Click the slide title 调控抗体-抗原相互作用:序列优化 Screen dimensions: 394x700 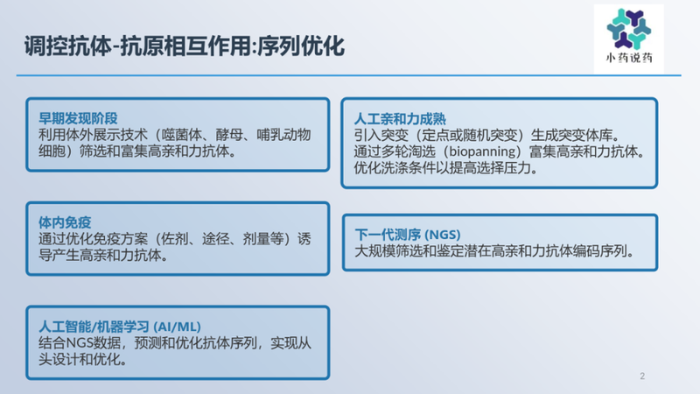point(184,46)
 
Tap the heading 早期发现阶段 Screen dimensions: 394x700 point(77,118)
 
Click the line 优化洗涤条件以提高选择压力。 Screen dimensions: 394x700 point(445,167)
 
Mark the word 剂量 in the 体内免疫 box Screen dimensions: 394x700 point(257,239)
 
